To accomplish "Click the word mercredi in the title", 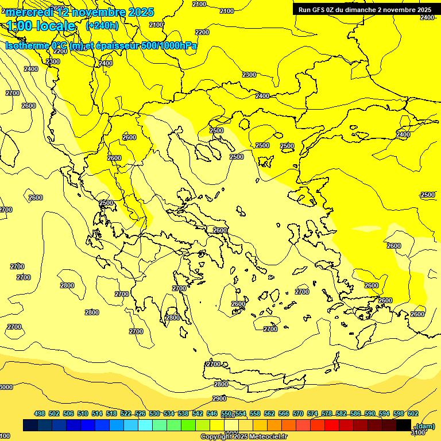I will pos(29,12).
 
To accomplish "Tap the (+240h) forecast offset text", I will pos(102,25).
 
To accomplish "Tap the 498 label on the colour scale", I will pos(40,413).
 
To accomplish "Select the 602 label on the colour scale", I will pos(413,413).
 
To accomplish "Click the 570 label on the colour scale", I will pos(298,413).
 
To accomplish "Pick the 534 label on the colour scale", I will pos(169,413).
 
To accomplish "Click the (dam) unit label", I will pos(425,425).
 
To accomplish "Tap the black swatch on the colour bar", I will pos(404,425).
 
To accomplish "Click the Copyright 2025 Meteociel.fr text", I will pos(243,437).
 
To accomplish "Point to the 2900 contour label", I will pos(219,399).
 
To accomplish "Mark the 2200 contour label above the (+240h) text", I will pos(202,32).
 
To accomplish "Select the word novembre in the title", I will pos(93,12).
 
